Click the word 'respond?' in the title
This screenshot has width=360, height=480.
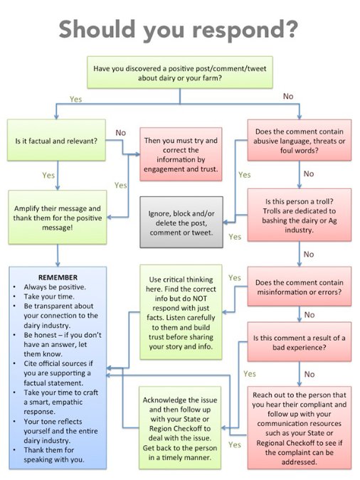[245, 31]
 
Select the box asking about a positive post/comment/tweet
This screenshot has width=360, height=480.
[180, 73]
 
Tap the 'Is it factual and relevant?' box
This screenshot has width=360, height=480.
[56, 140]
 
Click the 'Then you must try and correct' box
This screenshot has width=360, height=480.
[181, 154]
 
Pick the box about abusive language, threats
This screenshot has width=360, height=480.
[300, 140]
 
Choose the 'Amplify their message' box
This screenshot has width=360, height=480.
[58, 218]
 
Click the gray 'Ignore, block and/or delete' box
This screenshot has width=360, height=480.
[181, 222]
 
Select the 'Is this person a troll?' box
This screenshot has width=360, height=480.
[300, 215]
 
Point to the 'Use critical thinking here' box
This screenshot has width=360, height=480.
[181, 312]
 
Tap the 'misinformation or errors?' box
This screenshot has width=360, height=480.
[300, 287]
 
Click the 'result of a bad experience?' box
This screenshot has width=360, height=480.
[300, 342]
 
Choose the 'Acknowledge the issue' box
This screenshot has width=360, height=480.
[180, 428]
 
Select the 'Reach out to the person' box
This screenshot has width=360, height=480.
[300, 428]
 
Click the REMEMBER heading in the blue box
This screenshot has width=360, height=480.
[58, 277]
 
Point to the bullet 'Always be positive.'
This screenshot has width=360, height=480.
[55, 287]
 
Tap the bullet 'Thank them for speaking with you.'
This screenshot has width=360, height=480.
[54, 454]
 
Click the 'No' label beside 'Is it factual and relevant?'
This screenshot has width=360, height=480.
[121, 132]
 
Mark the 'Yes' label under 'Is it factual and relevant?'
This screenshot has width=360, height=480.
[48, 175]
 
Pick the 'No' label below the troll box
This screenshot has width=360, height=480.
[309, 254]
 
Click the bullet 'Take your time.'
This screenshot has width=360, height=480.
[49, 297]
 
